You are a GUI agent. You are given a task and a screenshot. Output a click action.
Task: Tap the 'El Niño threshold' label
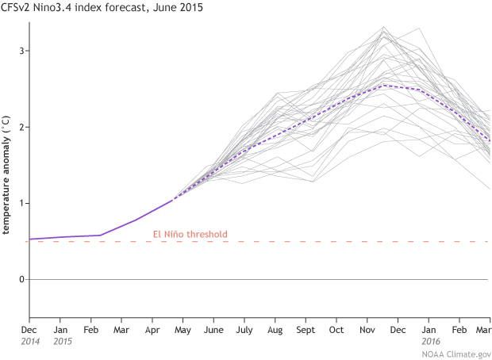point(190,234)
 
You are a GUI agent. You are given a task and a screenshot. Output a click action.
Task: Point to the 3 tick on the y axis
point(21,51)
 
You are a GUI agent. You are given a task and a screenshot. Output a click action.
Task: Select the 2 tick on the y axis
point(21,127)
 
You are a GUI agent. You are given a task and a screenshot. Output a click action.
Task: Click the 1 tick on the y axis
point(21,203)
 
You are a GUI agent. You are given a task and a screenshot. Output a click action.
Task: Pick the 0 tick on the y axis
point(21,279)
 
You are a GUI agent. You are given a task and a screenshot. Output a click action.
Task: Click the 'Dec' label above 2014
point(29,329)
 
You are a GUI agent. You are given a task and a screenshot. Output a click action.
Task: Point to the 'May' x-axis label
point(183,329)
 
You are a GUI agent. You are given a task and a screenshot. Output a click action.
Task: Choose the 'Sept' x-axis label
point(306,329)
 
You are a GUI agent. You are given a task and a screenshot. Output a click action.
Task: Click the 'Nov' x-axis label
point(367,329)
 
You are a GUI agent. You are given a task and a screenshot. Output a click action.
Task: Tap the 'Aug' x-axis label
point(275,329)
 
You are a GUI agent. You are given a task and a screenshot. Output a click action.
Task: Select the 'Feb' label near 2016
point(459,329)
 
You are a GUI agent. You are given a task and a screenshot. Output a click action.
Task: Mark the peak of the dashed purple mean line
point(385,85)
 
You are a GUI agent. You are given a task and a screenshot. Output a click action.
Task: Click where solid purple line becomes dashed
point(173,200)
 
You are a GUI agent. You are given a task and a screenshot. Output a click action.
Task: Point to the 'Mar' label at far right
point(483,329)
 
